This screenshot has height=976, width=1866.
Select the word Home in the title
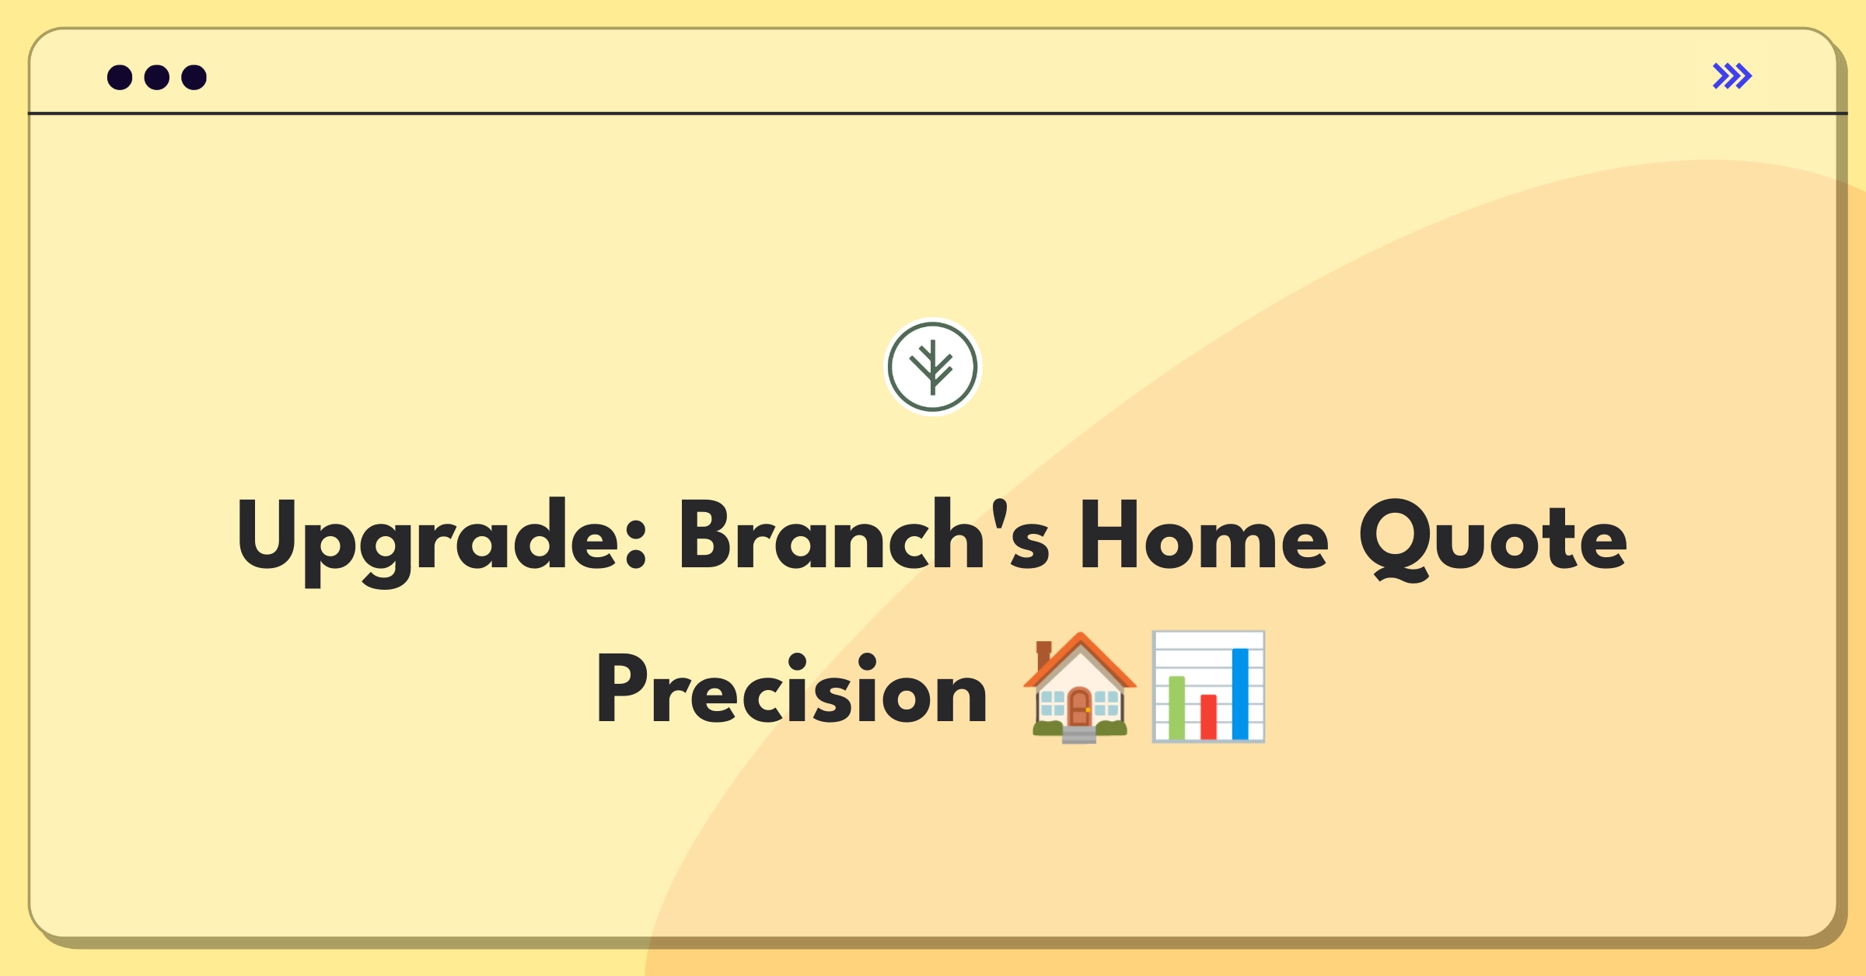click(x=1204, y=536)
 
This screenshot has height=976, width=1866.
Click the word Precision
click(x=791, y=688)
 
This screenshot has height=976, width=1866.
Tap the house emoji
click(x=1080, y=687)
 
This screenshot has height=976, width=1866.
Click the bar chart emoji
click(x=1208, y=687)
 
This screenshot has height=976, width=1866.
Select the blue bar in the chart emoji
click(x=1240, y=694)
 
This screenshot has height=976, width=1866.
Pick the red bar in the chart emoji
click(x=1208, y=717)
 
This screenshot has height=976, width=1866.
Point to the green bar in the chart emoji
click(x=1177, y=708)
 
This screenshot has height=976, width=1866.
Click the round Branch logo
click(x=933, y=367)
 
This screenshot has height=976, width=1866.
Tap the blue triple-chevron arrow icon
click(x=1732, y=76)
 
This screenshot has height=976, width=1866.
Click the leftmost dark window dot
click(x=120, y=77)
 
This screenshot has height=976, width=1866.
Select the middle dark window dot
click(x=157, y=77)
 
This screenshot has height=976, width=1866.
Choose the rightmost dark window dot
click(x=194, y=77)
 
